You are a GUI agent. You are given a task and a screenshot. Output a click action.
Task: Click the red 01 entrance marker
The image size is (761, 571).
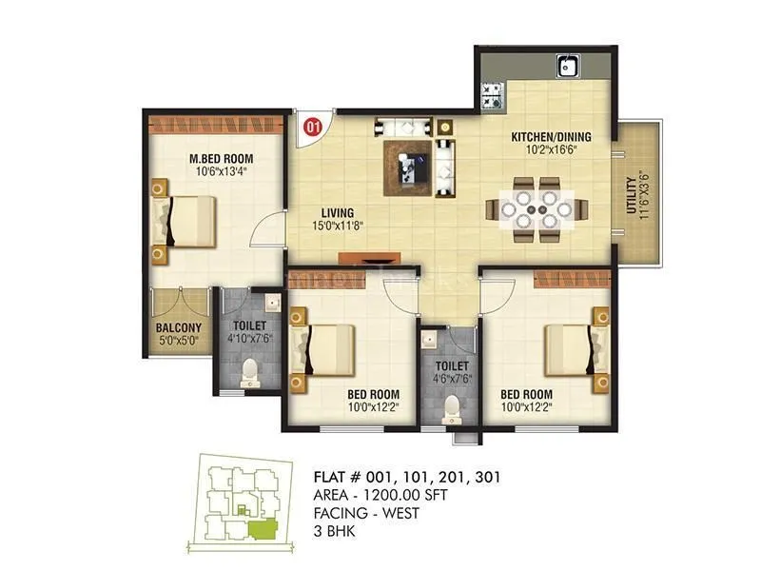(x=311, y=124)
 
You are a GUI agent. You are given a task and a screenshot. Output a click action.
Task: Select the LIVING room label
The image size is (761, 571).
(x=337, y=212)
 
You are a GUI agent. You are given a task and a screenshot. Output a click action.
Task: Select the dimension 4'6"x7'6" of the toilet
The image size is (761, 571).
(x=451, y=378)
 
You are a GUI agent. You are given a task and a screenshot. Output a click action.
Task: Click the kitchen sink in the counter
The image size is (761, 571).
(x=569, y=67)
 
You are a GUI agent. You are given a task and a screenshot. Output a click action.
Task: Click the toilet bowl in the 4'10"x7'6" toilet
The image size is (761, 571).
(x=249, y=373)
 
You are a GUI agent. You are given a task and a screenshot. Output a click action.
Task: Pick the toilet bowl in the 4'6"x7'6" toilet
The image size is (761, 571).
(x=452, y=407)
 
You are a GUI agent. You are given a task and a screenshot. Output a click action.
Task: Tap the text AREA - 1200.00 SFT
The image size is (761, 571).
(x=380, y=497)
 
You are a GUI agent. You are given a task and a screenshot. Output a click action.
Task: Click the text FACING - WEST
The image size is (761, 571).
(x=366, y=514)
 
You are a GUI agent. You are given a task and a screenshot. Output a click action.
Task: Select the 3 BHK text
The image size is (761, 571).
(x=334, y=531)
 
